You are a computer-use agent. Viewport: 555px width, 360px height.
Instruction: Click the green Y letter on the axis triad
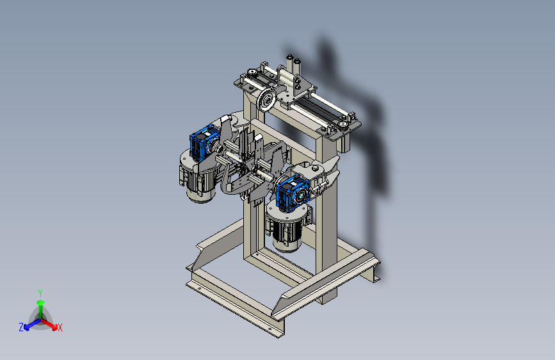click(x=40, y=293)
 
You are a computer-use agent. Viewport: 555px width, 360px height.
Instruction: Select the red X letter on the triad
click(x=60, y=327)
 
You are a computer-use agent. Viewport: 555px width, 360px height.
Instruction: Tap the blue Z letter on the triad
click(x=21, y=327)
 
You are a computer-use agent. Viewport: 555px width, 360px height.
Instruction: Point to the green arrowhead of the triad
click(x=41, y=302)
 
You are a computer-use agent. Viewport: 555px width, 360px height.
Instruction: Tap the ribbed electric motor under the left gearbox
click(x=198, y=181)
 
